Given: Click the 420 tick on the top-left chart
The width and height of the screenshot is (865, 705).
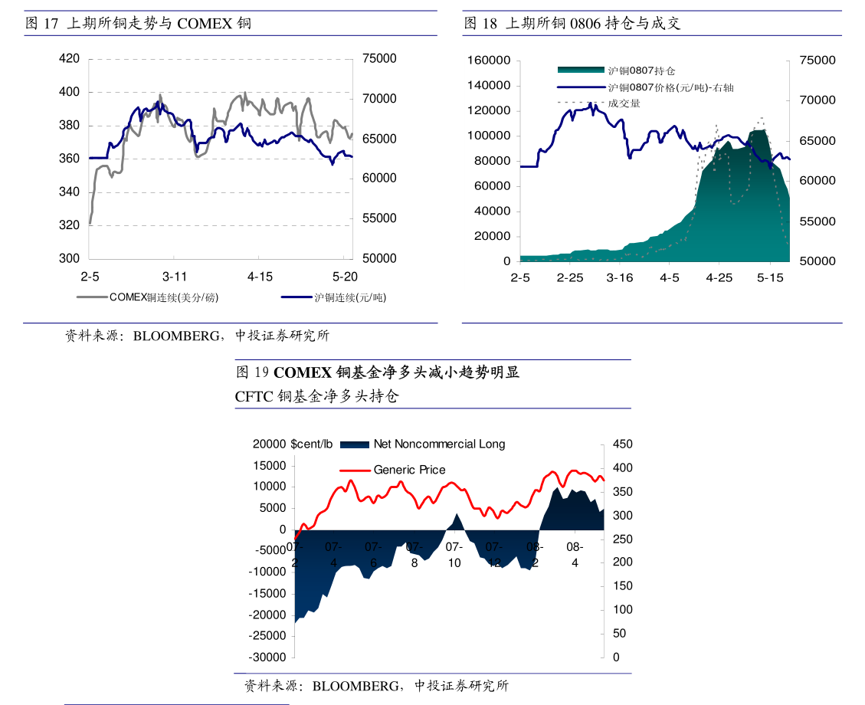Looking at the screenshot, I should [69, 58].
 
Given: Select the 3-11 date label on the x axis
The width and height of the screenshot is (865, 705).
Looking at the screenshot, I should [175, 276].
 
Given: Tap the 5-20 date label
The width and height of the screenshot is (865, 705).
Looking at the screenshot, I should [345, 276].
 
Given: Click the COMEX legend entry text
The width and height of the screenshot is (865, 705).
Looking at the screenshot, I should [163, 297].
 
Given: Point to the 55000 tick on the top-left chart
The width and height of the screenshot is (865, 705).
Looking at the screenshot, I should [379, 218].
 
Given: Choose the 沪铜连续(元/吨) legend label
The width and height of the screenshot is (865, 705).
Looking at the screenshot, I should [351, 297].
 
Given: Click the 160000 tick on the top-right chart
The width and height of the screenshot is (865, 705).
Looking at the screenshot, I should [489, 61].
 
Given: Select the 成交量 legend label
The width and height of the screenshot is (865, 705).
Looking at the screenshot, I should [624, 103].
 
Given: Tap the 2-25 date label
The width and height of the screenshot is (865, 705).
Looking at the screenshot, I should [570, 277].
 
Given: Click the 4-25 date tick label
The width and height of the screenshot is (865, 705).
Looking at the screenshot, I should [719, 277].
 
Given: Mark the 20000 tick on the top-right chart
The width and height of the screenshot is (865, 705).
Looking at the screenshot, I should [492, 237].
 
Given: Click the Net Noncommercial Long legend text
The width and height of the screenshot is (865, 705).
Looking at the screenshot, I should [439, 444].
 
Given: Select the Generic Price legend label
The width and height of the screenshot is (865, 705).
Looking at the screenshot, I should [409, 470].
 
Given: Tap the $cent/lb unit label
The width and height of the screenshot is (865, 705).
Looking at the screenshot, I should [312, 444].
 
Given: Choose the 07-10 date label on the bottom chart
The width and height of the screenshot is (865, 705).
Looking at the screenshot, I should [454, 555].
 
